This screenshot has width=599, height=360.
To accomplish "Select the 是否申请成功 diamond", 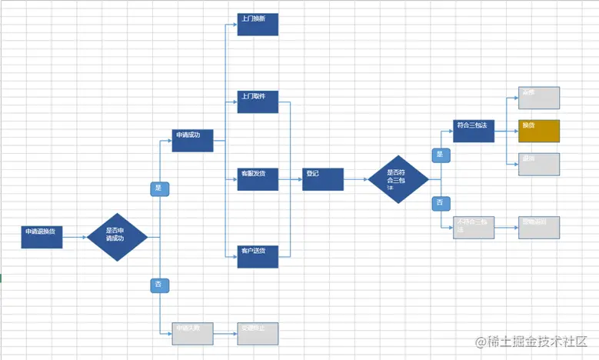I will tap(117, 237).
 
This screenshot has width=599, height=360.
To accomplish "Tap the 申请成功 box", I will tap(192, 141).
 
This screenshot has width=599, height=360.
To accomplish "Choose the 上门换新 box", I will tap(258, 24).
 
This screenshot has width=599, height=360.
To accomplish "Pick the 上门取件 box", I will tap(258, 102).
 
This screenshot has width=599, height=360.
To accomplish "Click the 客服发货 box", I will tap(258, 179).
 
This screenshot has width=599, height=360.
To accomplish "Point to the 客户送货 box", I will tap(258, 256).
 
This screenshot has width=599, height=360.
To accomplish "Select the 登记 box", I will tap(322, 179).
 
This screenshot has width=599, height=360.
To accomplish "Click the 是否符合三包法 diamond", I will tap(398, 179).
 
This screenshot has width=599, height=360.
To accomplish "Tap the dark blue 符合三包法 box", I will tap(473, 131).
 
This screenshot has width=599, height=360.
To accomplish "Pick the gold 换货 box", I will tap(539, 131).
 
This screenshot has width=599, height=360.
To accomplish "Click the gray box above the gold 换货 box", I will tap(539, 98).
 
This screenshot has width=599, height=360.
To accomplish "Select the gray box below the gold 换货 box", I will tap(539, 164).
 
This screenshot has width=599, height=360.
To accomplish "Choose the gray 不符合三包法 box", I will tap(473, 227).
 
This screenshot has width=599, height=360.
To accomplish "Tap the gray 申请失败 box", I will tap(192, 333).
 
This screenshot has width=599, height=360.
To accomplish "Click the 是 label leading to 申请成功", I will tap(159, 188).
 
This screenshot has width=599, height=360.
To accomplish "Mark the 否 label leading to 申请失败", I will tap(159, 285).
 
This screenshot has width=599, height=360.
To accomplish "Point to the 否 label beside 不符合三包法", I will tap(440, 203).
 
